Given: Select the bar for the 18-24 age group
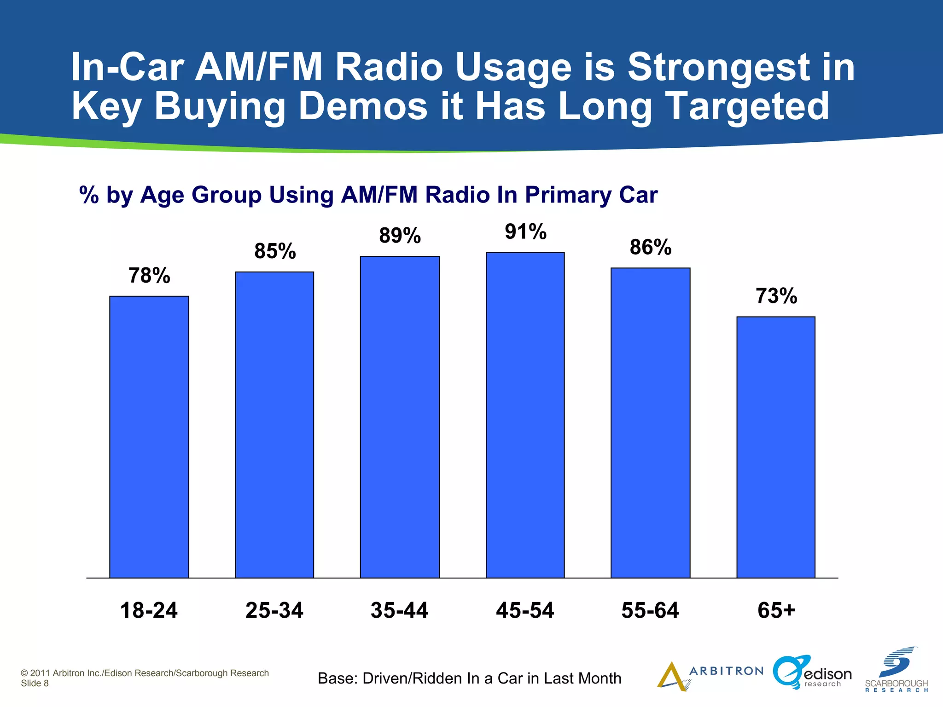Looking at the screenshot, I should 149,437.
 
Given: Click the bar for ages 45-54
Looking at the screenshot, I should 525,415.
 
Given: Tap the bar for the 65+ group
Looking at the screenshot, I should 776,447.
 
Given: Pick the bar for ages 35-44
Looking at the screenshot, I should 400,417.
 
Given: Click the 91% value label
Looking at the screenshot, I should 525,232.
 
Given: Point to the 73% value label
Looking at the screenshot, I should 776,296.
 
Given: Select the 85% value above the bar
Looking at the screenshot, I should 275,251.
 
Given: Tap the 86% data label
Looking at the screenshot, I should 651,247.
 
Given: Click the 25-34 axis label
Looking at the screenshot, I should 274,610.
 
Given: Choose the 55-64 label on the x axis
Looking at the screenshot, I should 650,610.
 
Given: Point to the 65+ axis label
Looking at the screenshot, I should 776,610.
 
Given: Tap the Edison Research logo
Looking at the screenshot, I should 812,673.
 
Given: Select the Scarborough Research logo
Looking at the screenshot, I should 896,670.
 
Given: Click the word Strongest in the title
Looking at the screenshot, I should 741,67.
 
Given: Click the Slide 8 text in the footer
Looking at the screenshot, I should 35,684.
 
